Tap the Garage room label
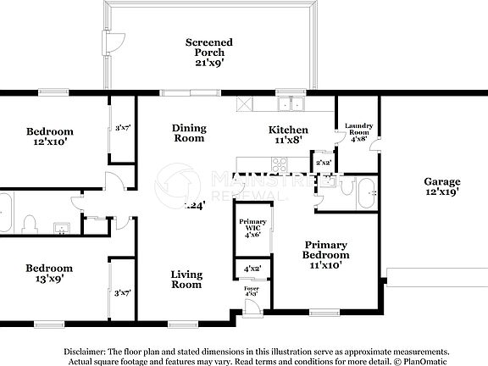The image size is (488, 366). tap(442, 186)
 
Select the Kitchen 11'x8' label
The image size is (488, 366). tap(288, 135)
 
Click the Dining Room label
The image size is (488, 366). tap(189, 133)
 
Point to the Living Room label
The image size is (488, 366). tap(186, 279)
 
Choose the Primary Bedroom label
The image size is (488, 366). tap(327, 254)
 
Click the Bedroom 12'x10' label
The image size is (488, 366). tap(49, 136)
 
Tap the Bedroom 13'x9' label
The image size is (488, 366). tap(49, 269)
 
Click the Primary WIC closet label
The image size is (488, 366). tap(251, 228)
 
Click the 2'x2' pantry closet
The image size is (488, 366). tap(323, 163)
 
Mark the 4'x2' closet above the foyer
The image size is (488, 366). tap(252, 269)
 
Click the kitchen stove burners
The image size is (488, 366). tap(245, 104)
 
